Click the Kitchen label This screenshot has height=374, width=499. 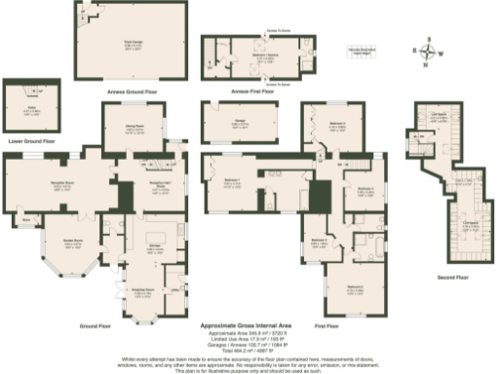click(x=153, y=247)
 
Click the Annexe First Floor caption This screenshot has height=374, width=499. click(x=255, y=91)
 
